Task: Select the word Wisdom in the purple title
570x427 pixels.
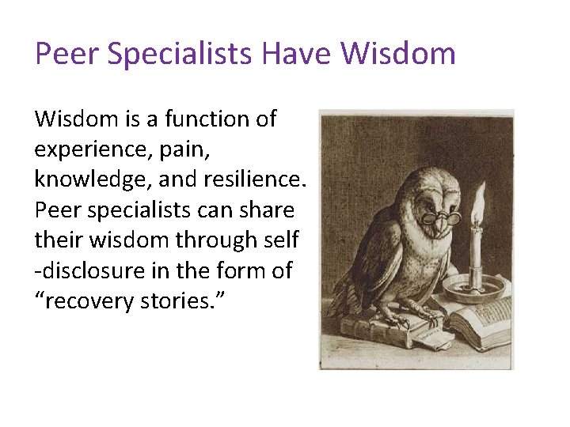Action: (398, 55)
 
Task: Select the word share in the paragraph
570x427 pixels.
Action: (266, 210)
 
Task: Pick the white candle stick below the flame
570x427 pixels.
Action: (477, 249)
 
